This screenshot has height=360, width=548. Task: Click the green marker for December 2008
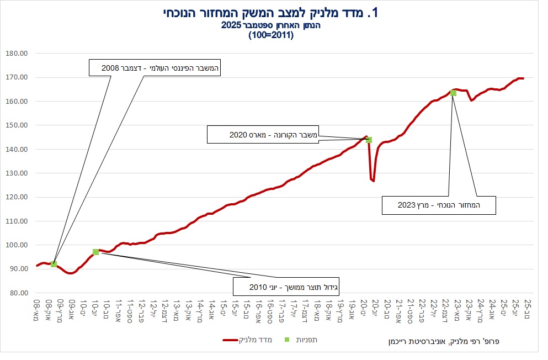click(54, 264)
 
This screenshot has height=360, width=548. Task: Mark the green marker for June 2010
click(95, 252)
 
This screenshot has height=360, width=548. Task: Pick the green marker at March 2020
click(369, 140)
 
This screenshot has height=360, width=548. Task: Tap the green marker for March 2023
click(453, 93)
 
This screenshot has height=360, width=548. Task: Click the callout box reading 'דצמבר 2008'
click(155, 67)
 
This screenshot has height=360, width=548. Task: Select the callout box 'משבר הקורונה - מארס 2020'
click(264, 134)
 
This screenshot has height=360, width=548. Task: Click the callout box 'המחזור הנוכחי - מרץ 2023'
click(439, 205)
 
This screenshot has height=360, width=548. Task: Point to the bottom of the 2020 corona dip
click(374, 181)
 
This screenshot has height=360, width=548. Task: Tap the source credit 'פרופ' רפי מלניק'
click(442, 341)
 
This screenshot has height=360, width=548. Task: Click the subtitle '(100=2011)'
click(274, 35)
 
